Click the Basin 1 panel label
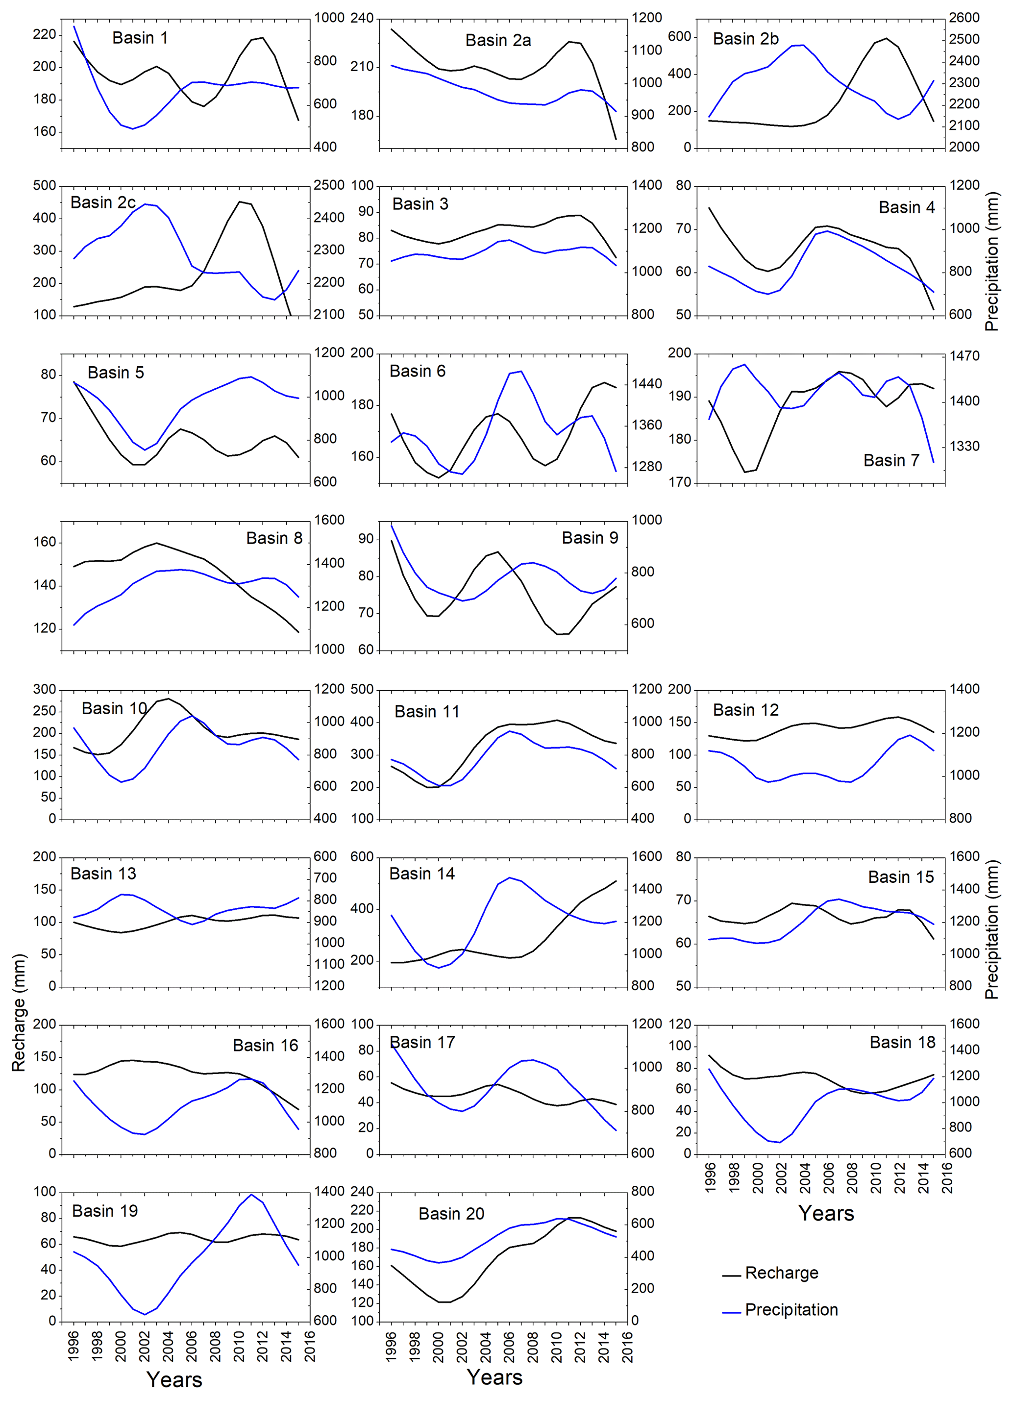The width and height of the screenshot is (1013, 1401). pos(140,38)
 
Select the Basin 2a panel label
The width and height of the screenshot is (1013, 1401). pos(498,41)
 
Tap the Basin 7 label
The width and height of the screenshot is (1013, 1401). pos(890,460)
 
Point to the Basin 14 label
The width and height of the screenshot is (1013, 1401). pos(422,874)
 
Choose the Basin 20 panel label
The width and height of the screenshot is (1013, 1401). pos(451,1214)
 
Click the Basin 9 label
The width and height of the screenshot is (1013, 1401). pos(590,538)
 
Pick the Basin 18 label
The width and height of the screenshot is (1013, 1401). pos(902,1043)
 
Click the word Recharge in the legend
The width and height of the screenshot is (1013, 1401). pos(781,1273)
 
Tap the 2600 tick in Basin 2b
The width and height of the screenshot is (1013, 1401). pos(964,18)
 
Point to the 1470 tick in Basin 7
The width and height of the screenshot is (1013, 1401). pos(964,356)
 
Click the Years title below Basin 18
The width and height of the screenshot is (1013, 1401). pos(826,1214)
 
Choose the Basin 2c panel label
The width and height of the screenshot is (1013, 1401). pos(102,202)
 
